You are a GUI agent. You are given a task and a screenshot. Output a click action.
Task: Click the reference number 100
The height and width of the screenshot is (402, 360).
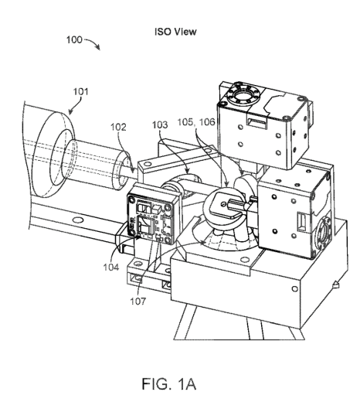point(74,40)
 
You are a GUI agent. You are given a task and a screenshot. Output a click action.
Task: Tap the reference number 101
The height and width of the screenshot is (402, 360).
point(80,91)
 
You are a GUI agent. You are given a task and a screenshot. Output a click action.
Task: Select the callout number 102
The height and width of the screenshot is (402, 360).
point(118,127)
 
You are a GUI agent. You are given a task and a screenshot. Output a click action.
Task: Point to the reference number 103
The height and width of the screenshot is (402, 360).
point(160,124)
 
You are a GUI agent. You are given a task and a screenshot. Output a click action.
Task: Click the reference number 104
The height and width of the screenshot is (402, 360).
point(111,267)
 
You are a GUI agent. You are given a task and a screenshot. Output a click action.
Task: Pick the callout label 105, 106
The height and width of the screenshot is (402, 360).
point(196,122)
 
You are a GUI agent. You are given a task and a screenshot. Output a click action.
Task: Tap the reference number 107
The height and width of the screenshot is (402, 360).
point(138,301)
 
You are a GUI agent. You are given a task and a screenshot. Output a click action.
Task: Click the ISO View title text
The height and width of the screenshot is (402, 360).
point(175,32)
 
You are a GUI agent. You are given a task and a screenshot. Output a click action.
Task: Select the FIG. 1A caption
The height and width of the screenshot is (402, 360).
point(169,383)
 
